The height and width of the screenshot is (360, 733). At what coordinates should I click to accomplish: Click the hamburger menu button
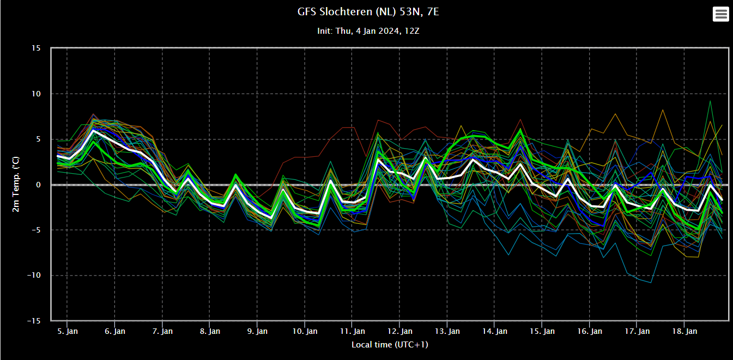coord(720,14)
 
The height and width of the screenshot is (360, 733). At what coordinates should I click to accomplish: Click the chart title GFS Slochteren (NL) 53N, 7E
coord(368,12)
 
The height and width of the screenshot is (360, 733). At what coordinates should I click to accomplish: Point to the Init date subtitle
coord(368,31)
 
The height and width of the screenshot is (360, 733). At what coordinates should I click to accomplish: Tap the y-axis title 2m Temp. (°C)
coord(16,184)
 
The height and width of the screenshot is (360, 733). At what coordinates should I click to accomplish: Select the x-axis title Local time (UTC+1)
coord(390,345)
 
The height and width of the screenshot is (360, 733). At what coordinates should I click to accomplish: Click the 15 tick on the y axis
coord(36,48)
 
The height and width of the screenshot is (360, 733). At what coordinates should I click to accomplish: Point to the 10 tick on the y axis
coord(36,94)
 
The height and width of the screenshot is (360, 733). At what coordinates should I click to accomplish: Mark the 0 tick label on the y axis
coord(38,185)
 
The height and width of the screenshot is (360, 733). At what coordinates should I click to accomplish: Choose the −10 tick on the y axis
coord(34,276)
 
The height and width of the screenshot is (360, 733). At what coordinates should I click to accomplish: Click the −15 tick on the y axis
coord(34,321)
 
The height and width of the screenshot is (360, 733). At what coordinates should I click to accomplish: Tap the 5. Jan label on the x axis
coord(68,331)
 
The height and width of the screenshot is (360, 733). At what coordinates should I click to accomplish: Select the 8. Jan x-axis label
coord(210,331)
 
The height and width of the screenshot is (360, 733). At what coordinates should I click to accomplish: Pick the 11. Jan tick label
coord(352,331)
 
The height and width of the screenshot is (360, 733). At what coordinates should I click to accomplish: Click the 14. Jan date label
coord(494,331)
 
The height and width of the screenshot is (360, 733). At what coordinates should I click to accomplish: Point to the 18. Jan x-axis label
coord(684,331)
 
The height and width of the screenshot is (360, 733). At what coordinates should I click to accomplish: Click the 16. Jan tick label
coord(589,331)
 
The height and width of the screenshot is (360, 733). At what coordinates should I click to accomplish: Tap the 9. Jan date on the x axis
coord(257,331)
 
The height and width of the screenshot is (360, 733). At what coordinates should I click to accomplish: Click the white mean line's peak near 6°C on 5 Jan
coord(94,130)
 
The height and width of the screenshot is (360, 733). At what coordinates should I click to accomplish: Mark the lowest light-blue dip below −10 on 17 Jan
coord(650,283)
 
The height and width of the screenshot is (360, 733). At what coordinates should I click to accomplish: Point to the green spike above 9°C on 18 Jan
coord(710,101)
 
